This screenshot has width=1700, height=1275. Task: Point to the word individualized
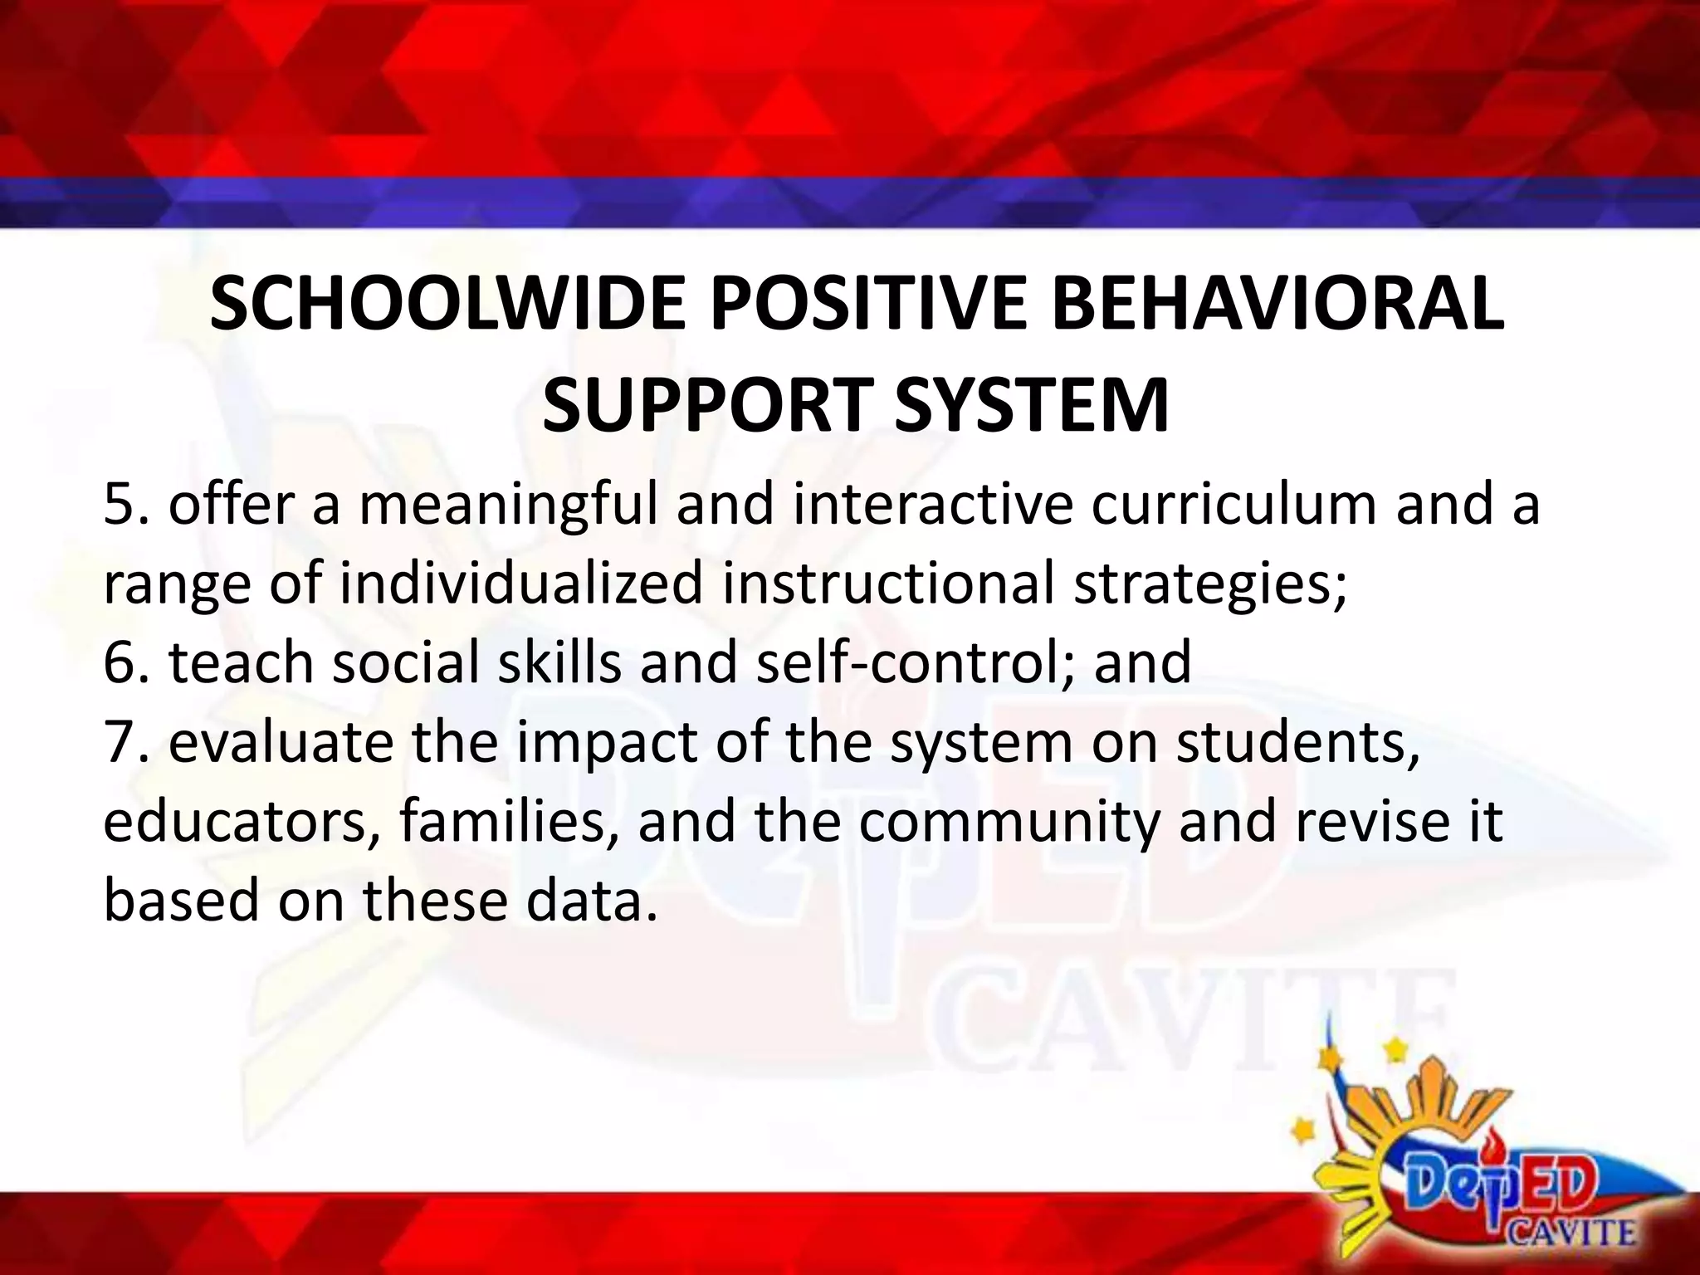click(x=521, y=584)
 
